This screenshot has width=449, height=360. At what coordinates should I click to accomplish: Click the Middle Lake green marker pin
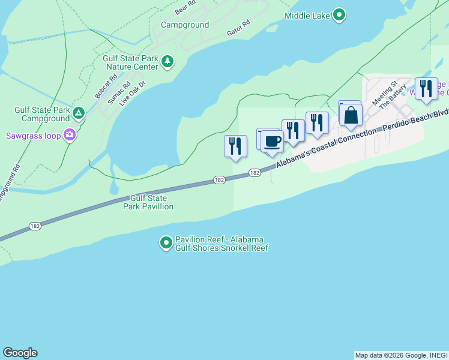(x=339, y=14)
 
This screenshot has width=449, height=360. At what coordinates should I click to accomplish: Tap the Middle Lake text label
(x=307, y=16)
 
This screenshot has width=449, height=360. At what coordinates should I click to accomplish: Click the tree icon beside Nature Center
(x=167, y=61)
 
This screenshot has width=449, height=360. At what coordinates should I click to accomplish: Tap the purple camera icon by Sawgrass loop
(x=70, y=135)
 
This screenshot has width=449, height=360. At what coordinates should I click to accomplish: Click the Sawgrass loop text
(x=34, y=136)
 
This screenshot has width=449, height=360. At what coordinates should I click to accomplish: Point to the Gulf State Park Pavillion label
(x=148, y=202)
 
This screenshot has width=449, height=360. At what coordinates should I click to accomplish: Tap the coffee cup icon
(x=272, y=142)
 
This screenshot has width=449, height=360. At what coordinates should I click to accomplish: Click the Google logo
(x=20, y=353)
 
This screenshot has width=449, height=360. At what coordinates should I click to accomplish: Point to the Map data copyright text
(x=401, y=355)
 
